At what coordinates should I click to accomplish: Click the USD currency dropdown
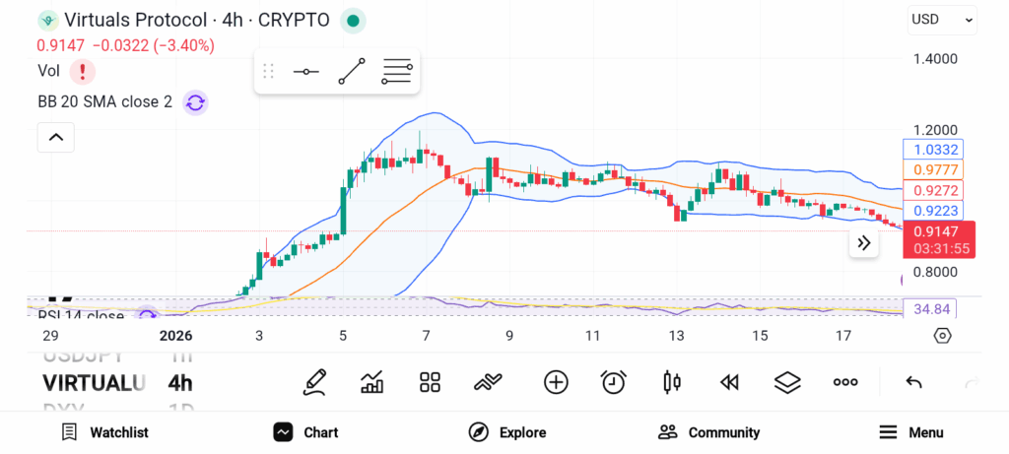pos(941,19)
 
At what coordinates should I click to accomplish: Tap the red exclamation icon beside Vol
pos(82,71)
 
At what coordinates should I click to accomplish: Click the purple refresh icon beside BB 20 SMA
pos(195,102)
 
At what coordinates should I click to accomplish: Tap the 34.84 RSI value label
pos(930,309)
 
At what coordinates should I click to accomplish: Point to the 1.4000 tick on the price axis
pos(934,59)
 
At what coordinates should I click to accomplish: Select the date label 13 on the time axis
pos(676,336)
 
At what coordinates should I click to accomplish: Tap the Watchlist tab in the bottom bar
pos(104,432)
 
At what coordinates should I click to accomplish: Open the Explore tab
pos(507,432)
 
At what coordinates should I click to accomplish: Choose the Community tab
pos(709,432)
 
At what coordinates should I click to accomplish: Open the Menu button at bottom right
pos(911,432)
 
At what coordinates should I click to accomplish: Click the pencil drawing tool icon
pos(314,382)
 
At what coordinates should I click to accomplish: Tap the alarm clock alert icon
pos(614,382)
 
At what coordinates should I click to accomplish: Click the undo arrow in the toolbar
pos(913,382)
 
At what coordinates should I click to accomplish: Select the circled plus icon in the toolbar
pos(556,382)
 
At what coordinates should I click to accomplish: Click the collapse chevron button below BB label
pos(55,138)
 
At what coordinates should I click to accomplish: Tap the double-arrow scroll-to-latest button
pos(864,243)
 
